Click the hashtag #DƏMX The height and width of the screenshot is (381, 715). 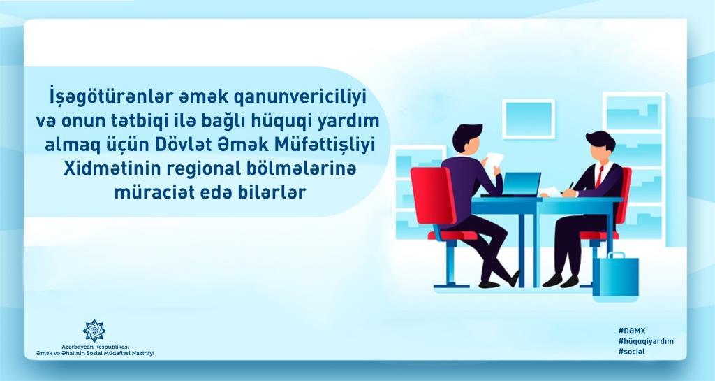tap(631, 331)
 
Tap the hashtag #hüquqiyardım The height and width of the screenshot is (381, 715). tap(646, 341)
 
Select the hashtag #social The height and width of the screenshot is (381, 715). tap(631, 352)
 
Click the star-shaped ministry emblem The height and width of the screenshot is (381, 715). tap(94, 331)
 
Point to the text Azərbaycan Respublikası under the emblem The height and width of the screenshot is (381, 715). tap(96, 347)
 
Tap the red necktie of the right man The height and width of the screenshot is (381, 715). tap(599, 175)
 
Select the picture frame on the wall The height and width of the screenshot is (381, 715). tap(529, 119)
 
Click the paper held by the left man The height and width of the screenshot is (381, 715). tap(494, 161)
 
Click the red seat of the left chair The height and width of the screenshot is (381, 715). tap(452, 236)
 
